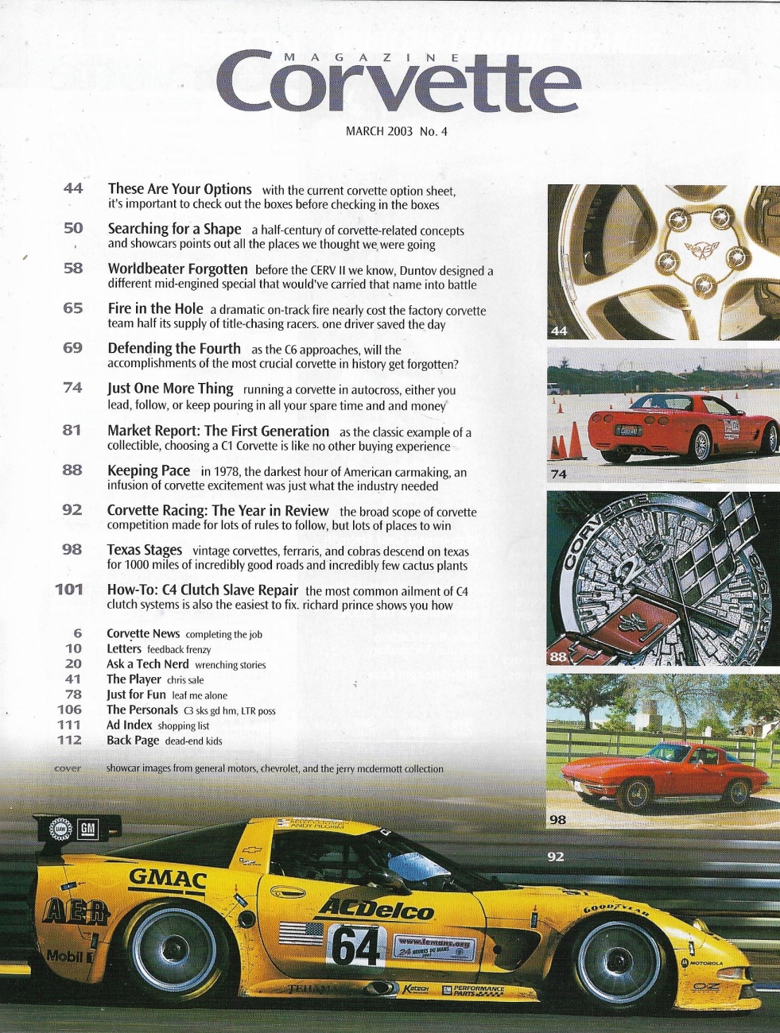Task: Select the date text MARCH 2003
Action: coord(379,131)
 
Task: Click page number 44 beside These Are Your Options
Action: coord(73,189)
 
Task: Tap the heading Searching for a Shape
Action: coord(174,229)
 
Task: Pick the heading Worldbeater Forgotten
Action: coord(177,269)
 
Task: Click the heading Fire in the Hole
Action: coord(155,309)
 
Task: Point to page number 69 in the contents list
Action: coord(73,349)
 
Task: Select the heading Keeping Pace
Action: coord(149,470)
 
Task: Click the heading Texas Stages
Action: coord(144,550)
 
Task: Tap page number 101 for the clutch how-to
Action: coord(70,590)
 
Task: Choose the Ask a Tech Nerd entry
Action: coord(148,664)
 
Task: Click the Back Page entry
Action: coord(133,741)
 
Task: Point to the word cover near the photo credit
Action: coord(68,768)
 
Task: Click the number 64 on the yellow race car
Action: coord(355,946)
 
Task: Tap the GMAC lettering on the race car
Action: coord(168,880)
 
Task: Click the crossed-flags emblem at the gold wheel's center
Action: coord(704,250)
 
